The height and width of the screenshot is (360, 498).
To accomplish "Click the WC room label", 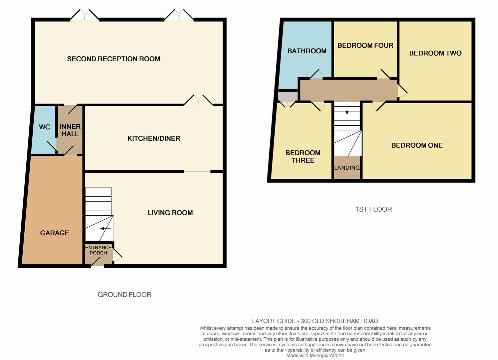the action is click(44, 127).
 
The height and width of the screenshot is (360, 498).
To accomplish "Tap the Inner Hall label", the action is click(70, 130).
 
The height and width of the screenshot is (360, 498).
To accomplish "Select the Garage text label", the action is click(54, 233).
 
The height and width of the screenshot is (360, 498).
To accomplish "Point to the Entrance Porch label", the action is click(98, 250).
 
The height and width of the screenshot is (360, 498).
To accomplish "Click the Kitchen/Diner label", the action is click(154, 138).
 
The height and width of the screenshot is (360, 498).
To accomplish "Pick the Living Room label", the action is click(170, 213).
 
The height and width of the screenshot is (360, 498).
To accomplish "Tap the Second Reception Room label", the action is click(114, 59).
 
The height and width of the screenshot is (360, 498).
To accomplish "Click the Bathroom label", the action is click(307, 51).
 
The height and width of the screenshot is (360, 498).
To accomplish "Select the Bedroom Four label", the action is click(366, 46).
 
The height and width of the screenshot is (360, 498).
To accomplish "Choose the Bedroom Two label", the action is click(435, 53).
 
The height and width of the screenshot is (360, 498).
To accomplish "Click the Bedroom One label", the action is click(417, 145).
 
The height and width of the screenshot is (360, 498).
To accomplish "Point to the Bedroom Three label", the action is click(303, 156).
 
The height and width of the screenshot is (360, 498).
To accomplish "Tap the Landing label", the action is click(347, 168).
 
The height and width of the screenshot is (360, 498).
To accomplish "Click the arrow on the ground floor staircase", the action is click(105, 228).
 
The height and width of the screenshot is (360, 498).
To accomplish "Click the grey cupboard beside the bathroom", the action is click(288, 96).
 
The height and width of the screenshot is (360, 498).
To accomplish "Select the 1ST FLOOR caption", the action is click(374, 209).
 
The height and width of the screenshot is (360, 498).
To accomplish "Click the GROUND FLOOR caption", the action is click(124, 295).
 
